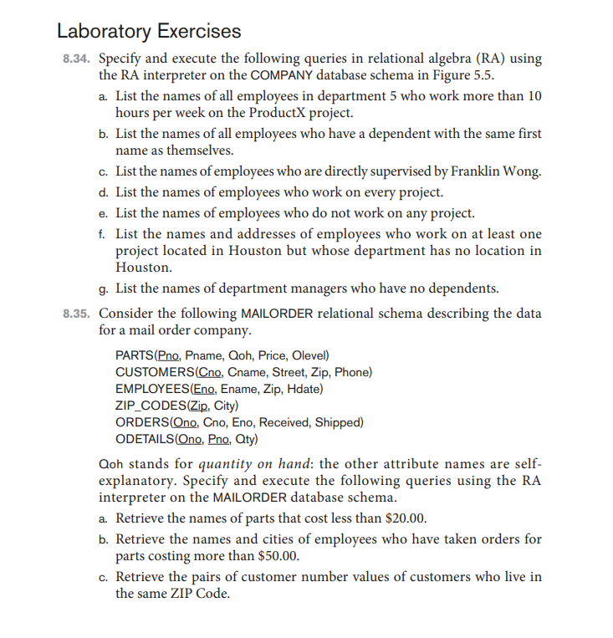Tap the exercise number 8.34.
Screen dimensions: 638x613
click(77, 59)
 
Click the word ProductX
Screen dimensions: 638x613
click(276, 112)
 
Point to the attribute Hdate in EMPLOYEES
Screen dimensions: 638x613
click(304, 389)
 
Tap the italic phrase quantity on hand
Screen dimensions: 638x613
click(243, 464)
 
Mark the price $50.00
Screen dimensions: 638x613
click(272, 556)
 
